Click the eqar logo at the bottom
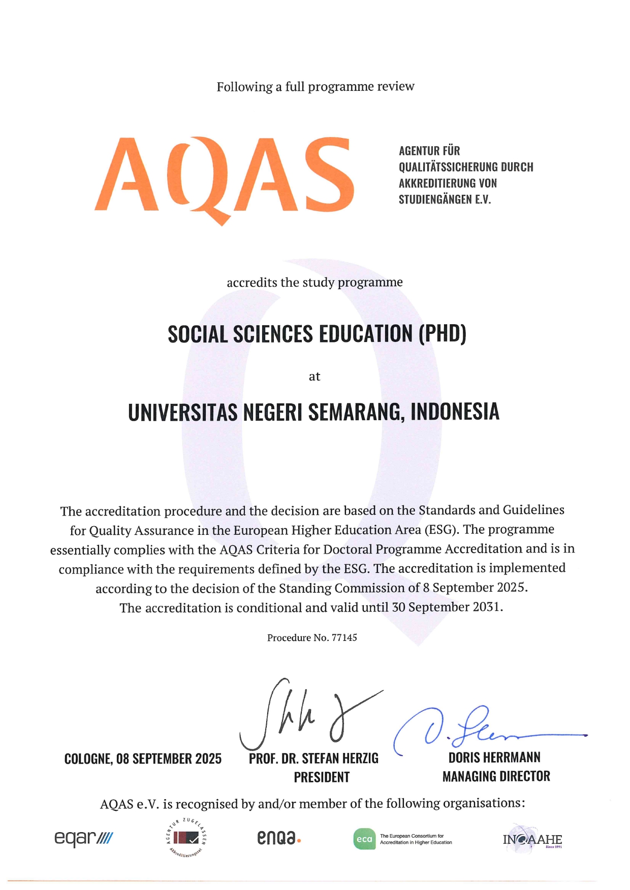point(83,838)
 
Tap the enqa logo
point(278,838)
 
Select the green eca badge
point(364,839)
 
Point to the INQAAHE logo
point(532,840)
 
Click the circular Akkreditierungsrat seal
point(186,838)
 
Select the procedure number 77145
point(344,638)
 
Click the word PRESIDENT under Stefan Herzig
point(322,777)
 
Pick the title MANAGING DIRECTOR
point(496,776)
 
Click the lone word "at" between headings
point(314,376)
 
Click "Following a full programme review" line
point(315,87)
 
